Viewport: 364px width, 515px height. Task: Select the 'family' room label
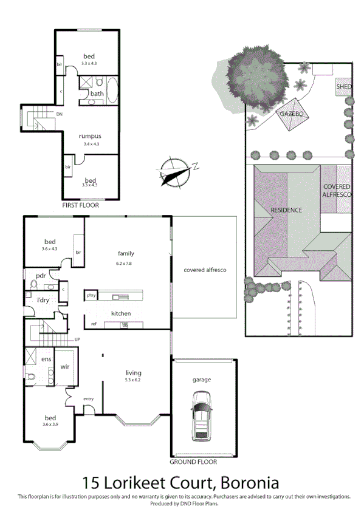pyautogui.click(x=126, y=253)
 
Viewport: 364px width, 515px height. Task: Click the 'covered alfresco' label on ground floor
pyautogui.click(x=205, y=269)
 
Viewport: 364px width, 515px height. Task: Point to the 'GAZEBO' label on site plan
pyautogui.click(x=291, y=114)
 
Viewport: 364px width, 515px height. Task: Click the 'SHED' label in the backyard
pyautogui.click(x=344, y=87)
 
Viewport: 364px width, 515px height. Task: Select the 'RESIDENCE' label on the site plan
pyautogui.click(x=286, y=210)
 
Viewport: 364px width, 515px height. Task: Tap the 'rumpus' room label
pyautogui.click(x=91, y=136)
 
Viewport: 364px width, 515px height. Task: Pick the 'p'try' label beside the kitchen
pyautogui.click(x=92, y=296)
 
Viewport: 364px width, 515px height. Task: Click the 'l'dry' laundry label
pyautogui.click(x=43, y=300)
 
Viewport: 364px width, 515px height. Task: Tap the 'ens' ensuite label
pyautogui.click(x=46, y=359)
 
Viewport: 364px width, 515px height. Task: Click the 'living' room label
pyautogui.click(x=133, y=372)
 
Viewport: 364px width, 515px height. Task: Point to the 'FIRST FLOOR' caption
pyautogui.click(x=80, y=205)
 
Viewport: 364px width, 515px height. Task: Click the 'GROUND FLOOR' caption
pyautogui.click(x=193, y=462)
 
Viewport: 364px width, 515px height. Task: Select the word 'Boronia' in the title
pyautogui.click(x=249, y=483)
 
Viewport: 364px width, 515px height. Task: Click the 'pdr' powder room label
pyautogui.click(x=41, y=275)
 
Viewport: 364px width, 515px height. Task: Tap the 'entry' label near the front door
pyautogui.click(x=89, y=398)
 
